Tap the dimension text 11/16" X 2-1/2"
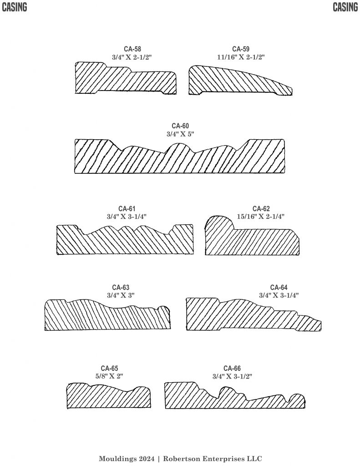point(241,57)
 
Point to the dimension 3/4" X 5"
point(180,134)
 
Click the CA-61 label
point(127,209)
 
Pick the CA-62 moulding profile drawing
point(253,239)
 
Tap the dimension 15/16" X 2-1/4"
point(261,217)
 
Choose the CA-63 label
point(121,287)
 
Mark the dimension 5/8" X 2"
point(109,376)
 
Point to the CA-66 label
point(232,368)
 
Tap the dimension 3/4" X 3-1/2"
point(232,376)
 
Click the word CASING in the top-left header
point(14,7)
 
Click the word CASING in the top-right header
point(345,7)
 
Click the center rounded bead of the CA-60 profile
point(181,146)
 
